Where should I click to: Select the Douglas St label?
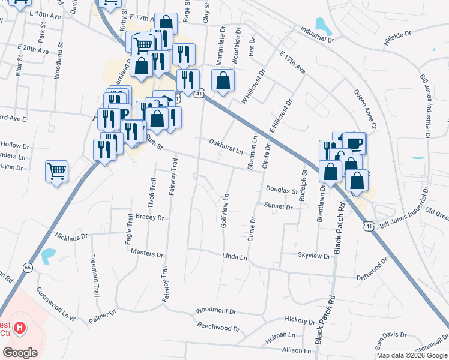(282, 190)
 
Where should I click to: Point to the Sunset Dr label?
(278, 206)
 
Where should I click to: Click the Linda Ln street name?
(235, 257)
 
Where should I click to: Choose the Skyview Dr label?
(314, 256)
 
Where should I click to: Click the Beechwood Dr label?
(218, 328)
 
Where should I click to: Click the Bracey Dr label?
(150, 217)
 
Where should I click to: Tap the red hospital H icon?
(20, 328)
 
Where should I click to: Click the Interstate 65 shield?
(27, 267)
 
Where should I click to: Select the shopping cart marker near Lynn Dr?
(56, 172)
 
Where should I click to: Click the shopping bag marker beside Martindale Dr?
(223, 80)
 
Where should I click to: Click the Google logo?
(20, 353)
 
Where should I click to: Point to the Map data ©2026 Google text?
(411, 355)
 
